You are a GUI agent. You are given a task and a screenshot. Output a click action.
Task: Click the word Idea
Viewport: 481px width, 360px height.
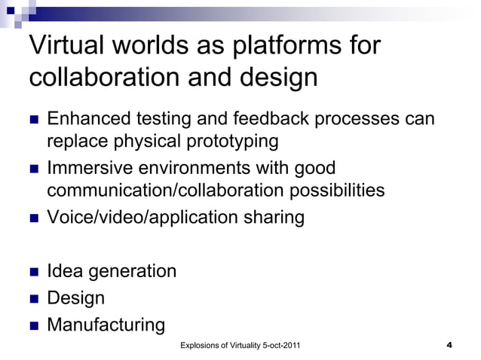point(63,270)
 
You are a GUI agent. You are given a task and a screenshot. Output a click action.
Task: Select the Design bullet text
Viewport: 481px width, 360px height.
point(76,297)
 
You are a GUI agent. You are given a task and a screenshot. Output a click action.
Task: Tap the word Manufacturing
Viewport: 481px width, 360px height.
point(106,325)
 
